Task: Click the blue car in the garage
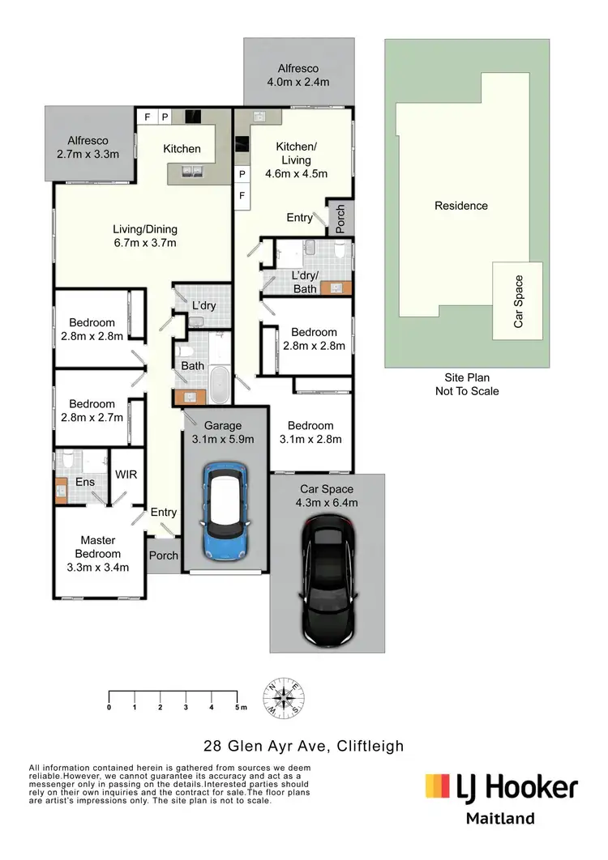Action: pyautogui.click(x=223, y=513)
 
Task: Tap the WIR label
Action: pyautogui.click(x=126, y=475)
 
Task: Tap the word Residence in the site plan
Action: pyautogui.click(x=461, y=206)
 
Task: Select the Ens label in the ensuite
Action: pyautogui.click(x=85, y=483)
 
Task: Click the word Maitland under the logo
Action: pyautogui.click(x=500, y=818)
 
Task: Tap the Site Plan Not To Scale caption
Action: pyautogui.click(x=466, y=384)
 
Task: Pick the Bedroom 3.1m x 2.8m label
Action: pyautogui.click(x=310, y=432)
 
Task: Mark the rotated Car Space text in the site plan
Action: pyautogui.click(x=519, y=302)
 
